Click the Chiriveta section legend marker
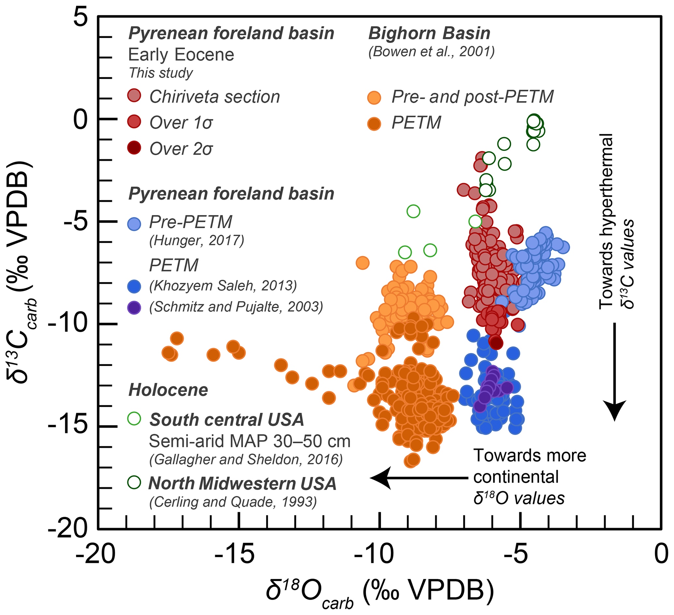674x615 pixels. (134, 96)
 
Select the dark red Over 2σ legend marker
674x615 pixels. (134, 148)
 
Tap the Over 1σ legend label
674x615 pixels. (181, 123)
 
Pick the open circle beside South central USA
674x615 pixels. (134, 418)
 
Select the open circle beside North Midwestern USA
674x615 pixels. (134, 482)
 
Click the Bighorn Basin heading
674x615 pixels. (429, 34)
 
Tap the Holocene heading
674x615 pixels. (168, 390)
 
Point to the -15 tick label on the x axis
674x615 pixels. (235, 554)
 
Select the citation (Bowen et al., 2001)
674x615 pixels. (431, 52)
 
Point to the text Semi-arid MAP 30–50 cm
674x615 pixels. (249, 441)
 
